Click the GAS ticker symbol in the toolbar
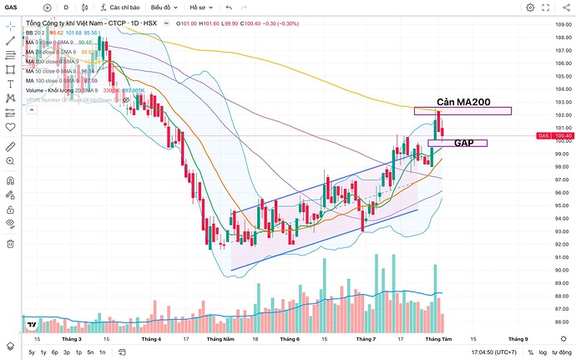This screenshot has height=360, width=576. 11,8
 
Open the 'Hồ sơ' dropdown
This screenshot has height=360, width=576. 200,8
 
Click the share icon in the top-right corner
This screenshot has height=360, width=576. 564,8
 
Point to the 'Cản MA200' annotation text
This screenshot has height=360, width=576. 457,101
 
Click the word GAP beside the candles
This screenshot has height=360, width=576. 464,143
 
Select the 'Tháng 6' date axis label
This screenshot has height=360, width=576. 289,339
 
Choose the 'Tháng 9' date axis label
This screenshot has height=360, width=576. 518,339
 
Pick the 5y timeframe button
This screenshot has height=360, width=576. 32,352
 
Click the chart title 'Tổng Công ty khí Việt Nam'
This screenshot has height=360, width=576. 70,23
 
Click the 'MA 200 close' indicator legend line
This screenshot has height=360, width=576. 50,61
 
